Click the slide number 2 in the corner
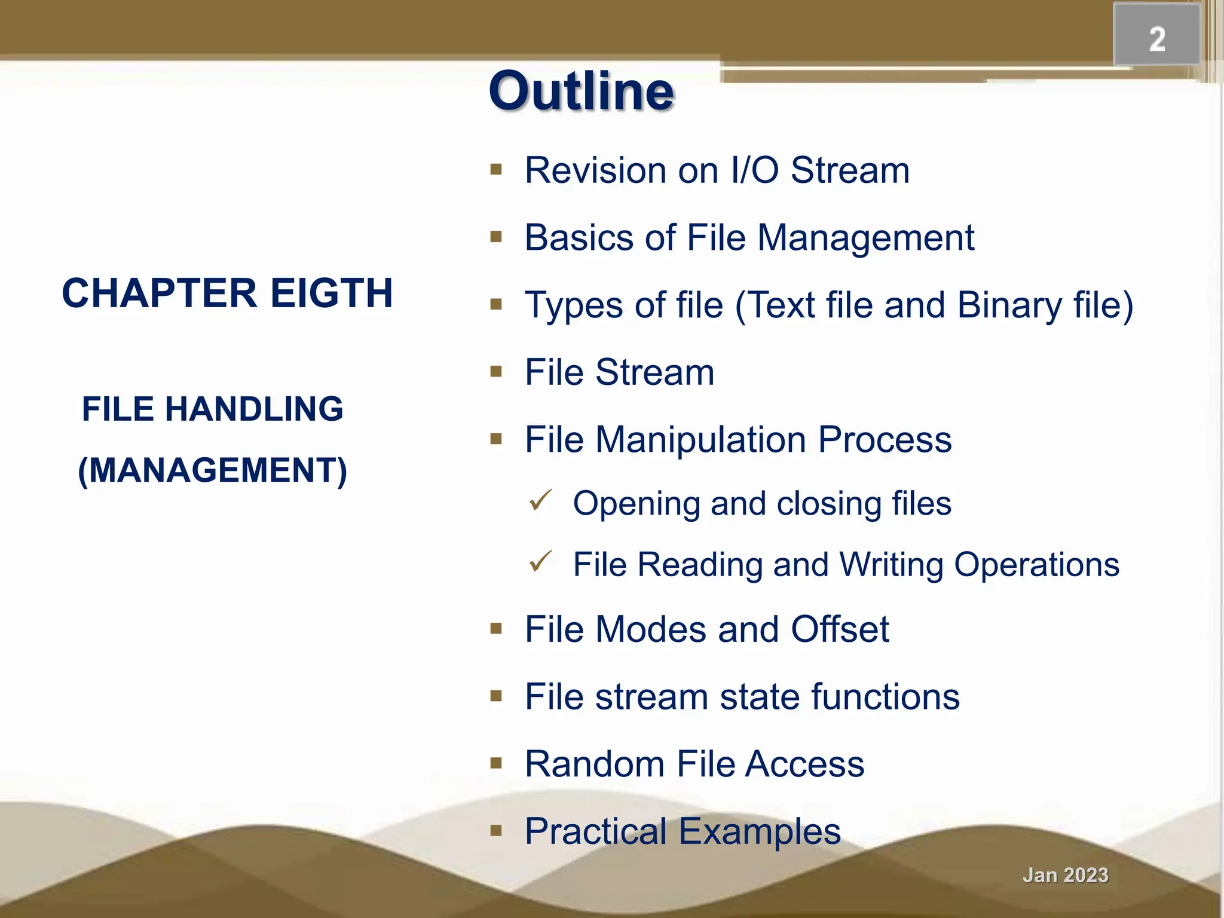point(1157,39)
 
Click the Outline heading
point(581,91)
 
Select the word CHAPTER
point(160,293)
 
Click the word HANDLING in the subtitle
point(253,409)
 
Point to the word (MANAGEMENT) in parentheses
point(213,470)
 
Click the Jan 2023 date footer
point(1065,875)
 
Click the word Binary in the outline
point(1009,305)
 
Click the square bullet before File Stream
point(496,372)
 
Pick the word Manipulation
point(701,440)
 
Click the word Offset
point(840,629)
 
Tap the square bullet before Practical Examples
point(496,830)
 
